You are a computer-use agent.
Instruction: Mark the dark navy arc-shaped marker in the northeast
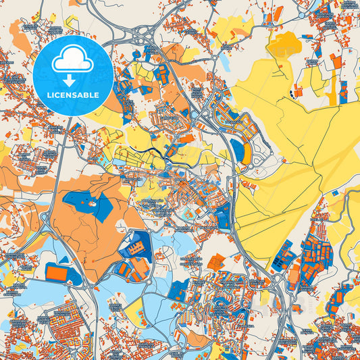pyautogui.click(x=292, y=93)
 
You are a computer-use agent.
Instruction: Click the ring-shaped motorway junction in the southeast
pyautogui.click(x=278, y=278)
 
